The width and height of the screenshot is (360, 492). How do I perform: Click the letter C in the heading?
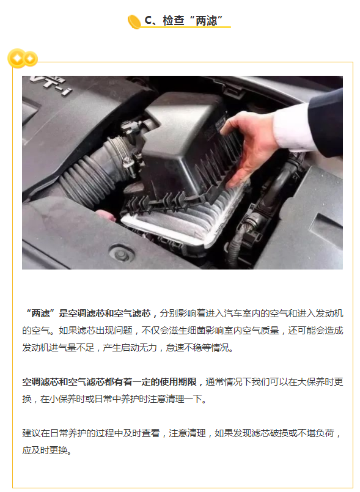coord(147,20)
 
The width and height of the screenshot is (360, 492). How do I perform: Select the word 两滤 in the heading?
coord(205,20)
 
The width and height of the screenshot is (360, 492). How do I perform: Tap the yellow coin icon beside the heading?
coord(134,21)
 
